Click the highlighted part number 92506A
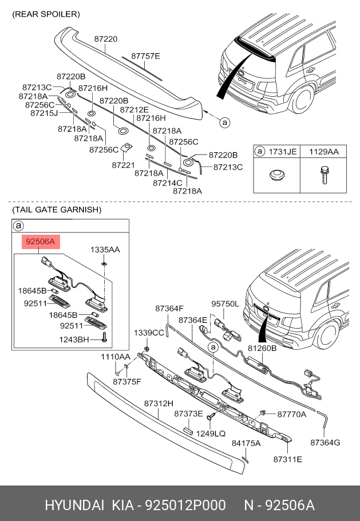point(39,242)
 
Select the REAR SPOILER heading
point(46,13)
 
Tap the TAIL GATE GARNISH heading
point(57,210)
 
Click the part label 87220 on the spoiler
point(106,39)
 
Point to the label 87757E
point(145,56)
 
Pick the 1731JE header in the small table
point(283,152)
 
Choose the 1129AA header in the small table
point(325,152)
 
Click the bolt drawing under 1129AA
point(323,175)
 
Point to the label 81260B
point(262,348)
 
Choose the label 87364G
point(325,442)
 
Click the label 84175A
point(246,443)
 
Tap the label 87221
point(123,165)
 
